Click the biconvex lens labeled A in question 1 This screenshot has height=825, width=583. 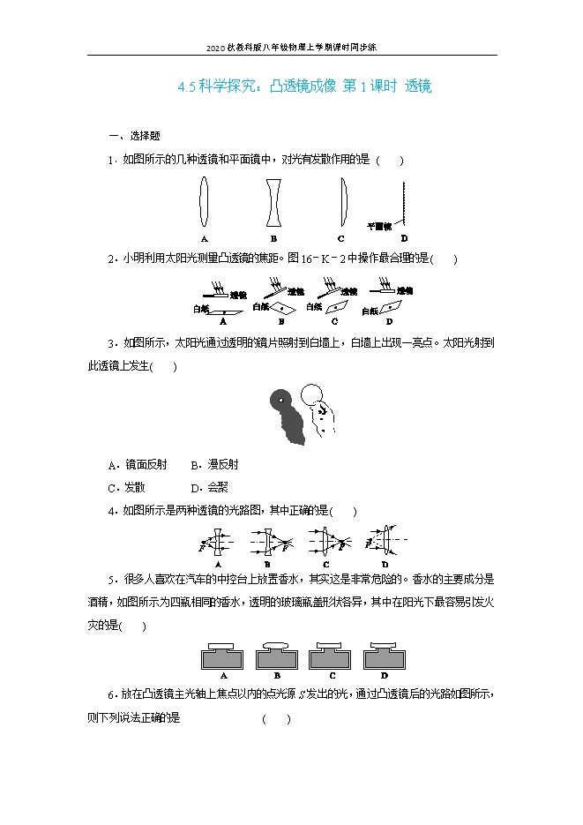204,204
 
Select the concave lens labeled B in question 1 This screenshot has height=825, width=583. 273,204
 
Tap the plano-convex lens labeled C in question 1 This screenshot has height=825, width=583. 342,204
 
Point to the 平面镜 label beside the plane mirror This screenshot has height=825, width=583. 379,227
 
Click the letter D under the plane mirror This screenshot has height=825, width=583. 403,239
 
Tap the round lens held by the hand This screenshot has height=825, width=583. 311,394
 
